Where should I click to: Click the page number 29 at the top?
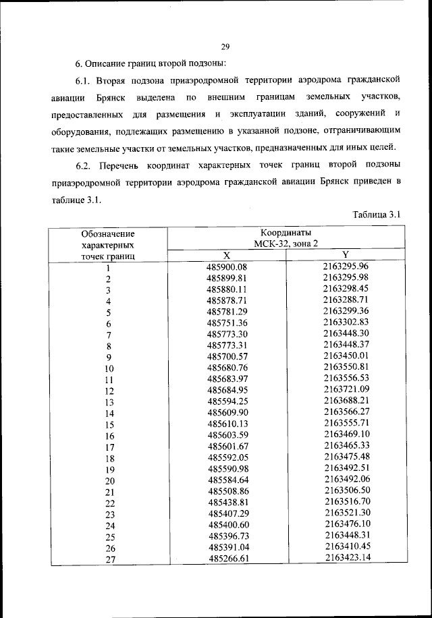(x=225, y=46)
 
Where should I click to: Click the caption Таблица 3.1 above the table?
(x=377, y=215)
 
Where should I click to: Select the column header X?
(x=227, y=255)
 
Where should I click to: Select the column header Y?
(x=345, y=254)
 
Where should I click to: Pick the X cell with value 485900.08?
(x=227, y=266)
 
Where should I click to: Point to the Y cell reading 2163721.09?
(x=346, y=390)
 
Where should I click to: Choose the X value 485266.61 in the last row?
(x=227, y=559)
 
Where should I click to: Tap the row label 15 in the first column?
(x=109, y=425)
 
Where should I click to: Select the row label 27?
(x=109, y=559)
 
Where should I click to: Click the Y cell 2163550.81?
(x=346, y=367)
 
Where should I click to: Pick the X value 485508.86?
(x=227, y=491)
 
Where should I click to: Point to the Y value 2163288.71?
(x=346, y=300)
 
